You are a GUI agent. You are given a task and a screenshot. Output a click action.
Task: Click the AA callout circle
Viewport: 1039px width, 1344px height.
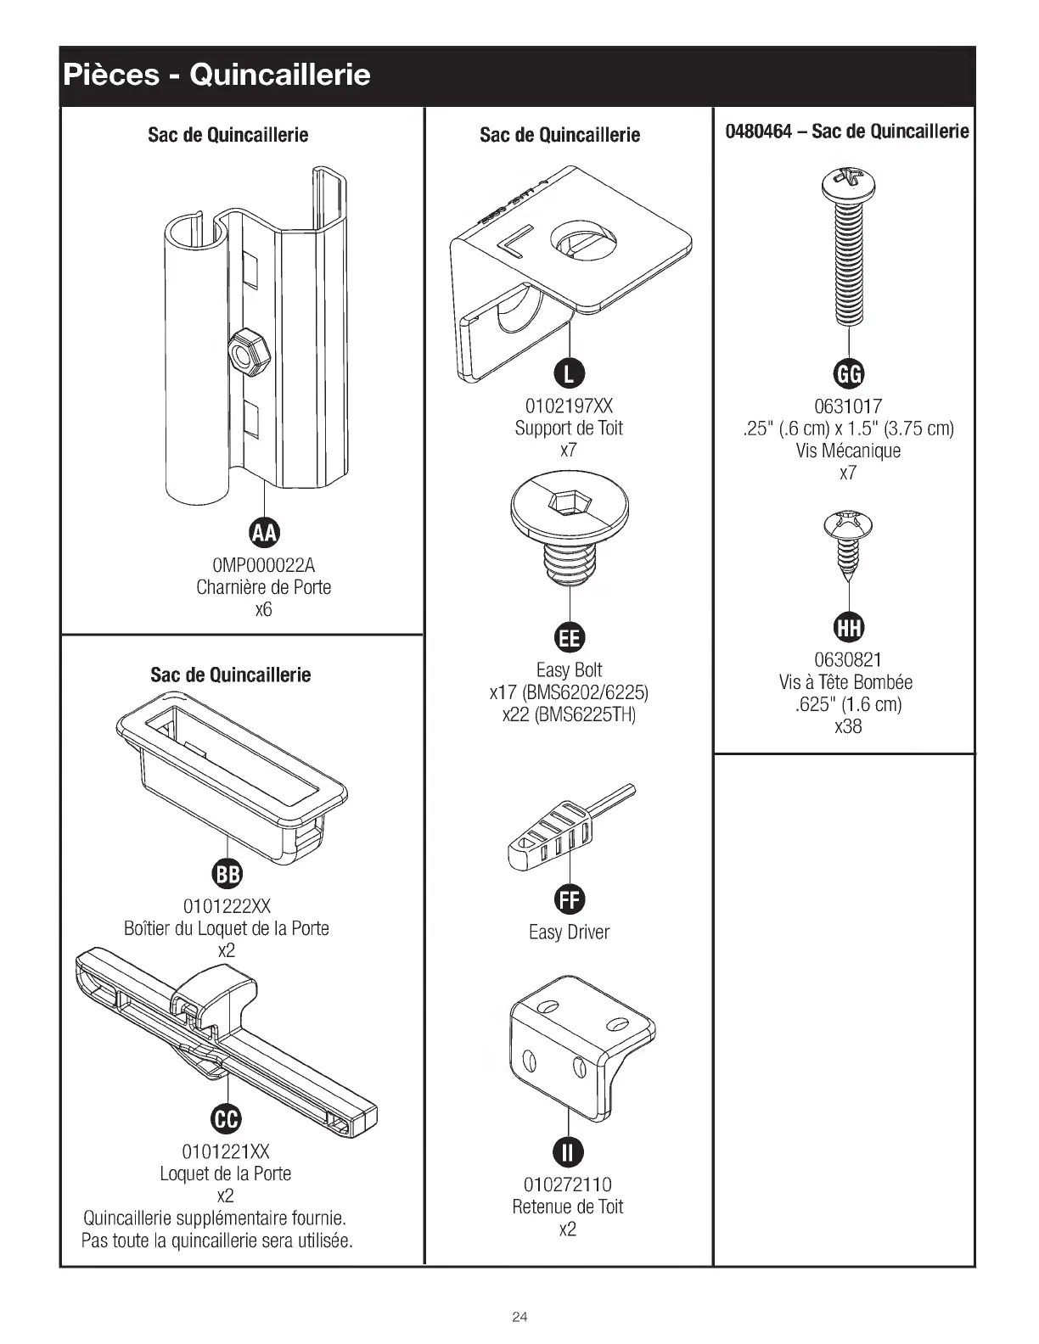pos(264,532)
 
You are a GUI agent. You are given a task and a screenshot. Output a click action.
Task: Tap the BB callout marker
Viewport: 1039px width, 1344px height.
pos(227,874)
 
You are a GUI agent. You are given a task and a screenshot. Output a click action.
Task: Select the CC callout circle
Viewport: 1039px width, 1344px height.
pos(227,1119)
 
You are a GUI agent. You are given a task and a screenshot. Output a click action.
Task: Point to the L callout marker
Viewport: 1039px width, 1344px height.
pos(569,372)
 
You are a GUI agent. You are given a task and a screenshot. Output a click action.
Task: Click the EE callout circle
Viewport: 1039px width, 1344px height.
pos(569,637)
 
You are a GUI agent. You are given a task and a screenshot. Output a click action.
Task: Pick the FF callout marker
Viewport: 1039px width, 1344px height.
pos(569,899)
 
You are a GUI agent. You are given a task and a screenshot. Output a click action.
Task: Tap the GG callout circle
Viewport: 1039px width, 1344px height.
pos(848,372)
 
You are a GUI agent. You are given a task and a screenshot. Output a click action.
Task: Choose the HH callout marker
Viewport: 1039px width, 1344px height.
pos(848,627)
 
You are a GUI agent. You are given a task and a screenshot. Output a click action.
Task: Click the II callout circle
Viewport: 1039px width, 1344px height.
pos(568,1151)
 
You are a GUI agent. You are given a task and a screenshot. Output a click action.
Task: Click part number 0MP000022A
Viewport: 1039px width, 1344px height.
pos(264,565)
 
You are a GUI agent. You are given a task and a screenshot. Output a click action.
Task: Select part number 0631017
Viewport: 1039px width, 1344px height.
pos(848,406)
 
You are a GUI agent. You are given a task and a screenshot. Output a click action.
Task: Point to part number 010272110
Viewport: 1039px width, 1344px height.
pos(568,1184)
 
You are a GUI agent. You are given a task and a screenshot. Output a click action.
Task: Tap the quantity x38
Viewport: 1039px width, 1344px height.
pos(848,726)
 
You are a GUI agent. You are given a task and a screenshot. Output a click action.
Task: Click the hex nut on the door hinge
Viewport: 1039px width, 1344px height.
pos(250,350)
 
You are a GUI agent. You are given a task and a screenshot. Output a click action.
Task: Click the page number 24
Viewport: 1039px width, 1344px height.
pos(519,1317)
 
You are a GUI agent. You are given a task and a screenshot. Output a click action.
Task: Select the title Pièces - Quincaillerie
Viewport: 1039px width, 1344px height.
pos(216,76)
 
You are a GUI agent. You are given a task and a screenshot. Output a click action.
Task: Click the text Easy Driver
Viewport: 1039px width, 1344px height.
pos(569,932)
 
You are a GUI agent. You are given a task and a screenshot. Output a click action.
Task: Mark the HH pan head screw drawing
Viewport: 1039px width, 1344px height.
pos(848,543)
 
